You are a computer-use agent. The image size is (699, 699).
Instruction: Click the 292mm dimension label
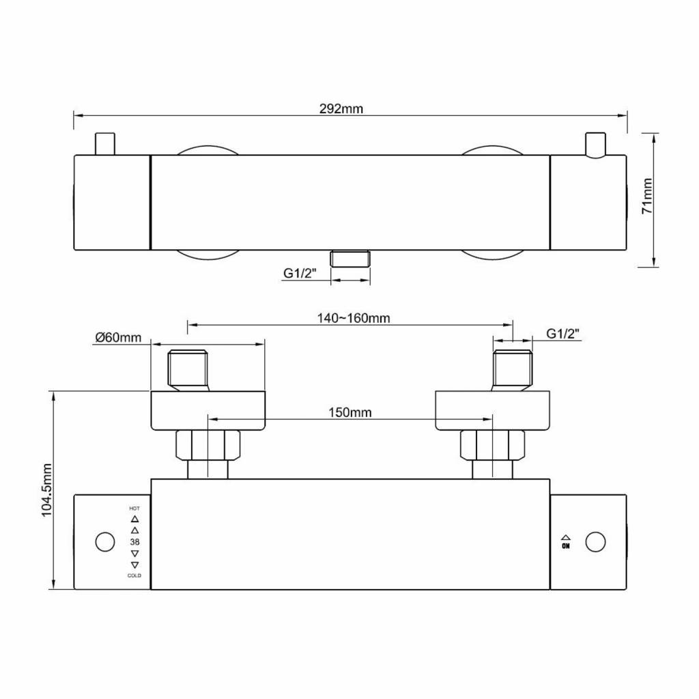click(341, 109)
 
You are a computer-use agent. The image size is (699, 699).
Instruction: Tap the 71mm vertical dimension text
click(647, 196)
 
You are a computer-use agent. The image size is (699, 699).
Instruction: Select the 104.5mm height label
click(47, 490)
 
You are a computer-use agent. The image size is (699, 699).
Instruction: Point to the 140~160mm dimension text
click(354, 318)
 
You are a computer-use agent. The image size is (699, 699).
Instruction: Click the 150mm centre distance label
click(350, 412)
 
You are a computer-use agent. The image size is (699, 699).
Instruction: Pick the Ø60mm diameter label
click(118, 337)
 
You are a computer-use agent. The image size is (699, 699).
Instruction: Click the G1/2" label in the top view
click(300, 273)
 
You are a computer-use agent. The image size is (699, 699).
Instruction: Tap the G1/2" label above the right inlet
click(562, 333)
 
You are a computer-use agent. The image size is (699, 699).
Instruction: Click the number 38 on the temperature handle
click(134, 541)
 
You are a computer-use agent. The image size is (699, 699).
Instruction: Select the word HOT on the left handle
click(134, 508)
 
